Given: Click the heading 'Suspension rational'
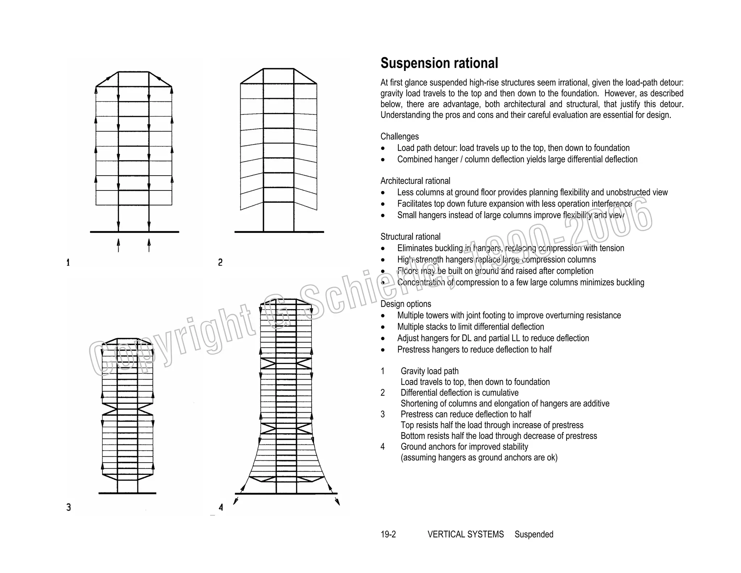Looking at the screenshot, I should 439,63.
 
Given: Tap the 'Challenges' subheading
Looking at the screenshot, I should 399,137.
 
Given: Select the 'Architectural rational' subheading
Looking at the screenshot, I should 415,181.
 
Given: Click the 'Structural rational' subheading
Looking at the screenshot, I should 410,237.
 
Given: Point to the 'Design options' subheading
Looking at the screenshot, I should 406,304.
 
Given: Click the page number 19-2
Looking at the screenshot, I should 388,534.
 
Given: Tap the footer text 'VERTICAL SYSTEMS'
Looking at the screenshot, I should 465,534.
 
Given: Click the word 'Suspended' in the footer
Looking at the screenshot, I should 534,534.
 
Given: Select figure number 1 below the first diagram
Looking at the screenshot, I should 68,262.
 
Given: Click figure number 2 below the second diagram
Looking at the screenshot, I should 220,262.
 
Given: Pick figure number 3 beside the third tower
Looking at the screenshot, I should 68,507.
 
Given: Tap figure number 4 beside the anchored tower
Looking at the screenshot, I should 221,507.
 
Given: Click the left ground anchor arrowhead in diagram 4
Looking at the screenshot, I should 236,501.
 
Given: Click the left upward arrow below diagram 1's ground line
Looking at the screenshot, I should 118,244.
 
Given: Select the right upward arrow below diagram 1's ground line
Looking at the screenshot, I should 149,244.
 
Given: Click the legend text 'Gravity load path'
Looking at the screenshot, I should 429,371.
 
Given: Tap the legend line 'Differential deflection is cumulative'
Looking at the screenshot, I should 459,393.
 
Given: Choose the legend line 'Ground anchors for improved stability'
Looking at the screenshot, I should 464,447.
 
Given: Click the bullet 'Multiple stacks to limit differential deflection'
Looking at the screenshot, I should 470,327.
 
